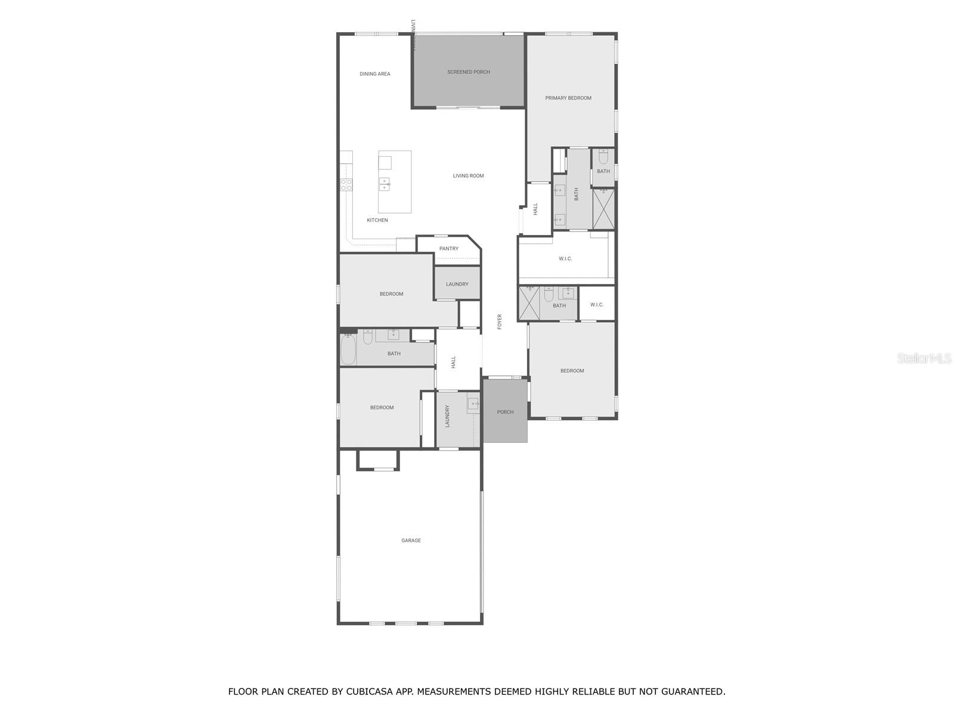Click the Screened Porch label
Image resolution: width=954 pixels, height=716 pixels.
[469, 72]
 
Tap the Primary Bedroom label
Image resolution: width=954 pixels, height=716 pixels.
[568, 98]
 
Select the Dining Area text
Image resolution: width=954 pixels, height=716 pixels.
[375, 74]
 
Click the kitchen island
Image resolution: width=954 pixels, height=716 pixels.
[395, 182]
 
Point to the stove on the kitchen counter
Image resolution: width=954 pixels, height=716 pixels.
[346, 185]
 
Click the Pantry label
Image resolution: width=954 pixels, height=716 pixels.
[449, 249]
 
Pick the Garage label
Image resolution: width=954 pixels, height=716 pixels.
[411, 541]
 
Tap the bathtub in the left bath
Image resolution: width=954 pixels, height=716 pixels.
[348, 350]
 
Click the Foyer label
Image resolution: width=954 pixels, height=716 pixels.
[500, 322]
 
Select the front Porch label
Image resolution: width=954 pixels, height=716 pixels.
[505, 412]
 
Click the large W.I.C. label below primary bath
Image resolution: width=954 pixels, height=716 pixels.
[565, 259]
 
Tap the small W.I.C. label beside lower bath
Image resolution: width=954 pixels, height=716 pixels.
[597, 305]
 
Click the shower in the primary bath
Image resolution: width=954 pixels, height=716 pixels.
[603, 209]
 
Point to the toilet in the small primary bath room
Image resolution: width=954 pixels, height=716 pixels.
[603, 158]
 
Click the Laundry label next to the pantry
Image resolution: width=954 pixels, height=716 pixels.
[457, 285]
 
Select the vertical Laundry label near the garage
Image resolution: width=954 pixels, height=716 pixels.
[447, 416]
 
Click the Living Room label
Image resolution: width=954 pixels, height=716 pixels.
[468, 176]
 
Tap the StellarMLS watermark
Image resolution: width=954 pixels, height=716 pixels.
[924, 359]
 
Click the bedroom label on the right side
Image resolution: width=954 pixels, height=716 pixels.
[572, 371]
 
